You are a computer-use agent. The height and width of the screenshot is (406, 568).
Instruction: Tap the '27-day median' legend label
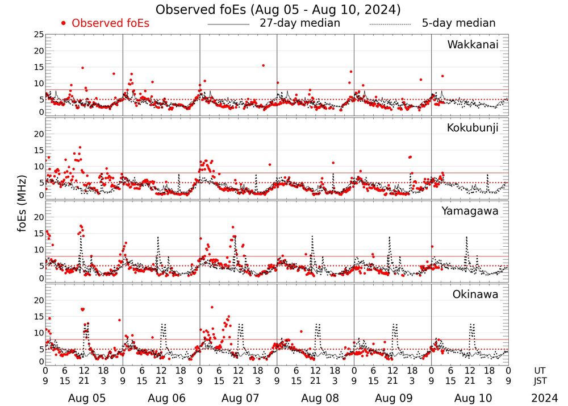[300, 23]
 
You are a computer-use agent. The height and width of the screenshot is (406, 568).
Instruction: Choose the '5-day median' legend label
[458, 23]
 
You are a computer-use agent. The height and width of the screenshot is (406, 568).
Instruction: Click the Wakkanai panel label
[473, 44]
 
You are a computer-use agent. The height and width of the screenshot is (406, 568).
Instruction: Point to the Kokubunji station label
[473, 127]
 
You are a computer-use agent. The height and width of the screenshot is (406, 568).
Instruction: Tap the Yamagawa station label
[470, 211]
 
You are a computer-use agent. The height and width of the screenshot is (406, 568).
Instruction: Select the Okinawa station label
[475, 295]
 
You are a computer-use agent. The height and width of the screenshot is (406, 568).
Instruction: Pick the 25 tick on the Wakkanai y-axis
[39, 35]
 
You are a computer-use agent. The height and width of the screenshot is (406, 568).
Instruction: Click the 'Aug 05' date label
[83, 399]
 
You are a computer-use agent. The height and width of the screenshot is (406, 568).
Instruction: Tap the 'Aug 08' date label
[315, 399]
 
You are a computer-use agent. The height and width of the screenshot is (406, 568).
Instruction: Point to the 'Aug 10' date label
[470, 399]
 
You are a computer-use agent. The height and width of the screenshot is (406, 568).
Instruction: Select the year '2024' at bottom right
[545, 399]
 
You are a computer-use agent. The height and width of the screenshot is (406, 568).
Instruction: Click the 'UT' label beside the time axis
[540, 370]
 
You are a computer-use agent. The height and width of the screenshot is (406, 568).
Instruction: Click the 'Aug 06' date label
[161, 399]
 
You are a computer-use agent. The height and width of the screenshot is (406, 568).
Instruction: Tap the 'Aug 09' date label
[392, 399]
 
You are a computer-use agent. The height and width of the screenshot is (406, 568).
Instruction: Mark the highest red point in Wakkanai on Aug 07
[263, 65]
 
